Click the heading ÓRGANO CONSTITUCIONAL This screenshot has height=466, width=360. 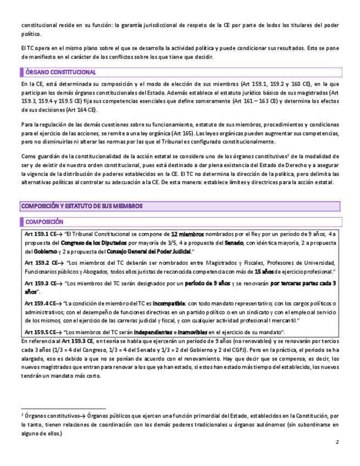tap(61, 72)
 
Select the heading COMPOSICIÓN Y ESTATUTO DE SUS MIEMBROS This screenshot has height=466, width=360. tap(82, 206)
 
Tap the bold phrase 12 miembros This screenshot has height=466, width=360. tap(188, 234)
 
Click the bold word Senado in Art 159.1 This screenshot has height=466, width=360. tap(234, 243)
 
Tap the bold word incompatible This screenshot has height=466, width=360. tap(169, 303)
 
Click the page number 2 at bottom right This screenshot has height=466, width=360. tap(336, 442)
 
